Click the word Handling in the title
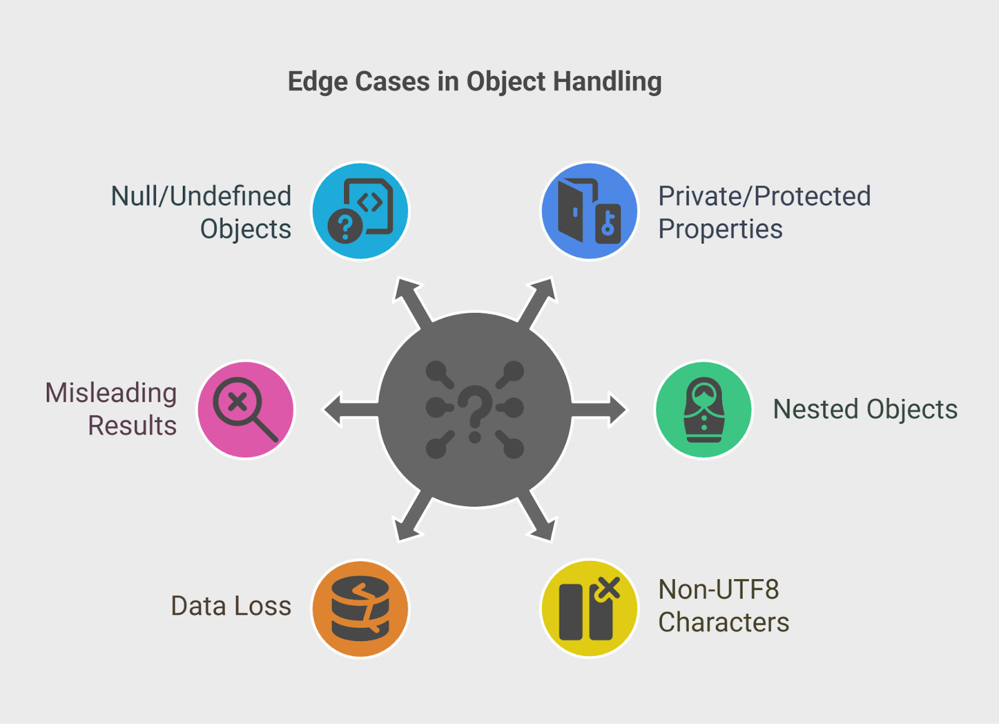[607, 82]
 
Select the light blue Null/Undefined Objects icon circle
[360, 211]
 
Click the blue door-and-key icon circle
[589, 211]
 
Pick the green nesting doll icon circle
[704, 409]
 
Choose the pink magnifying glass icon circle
[246, 409]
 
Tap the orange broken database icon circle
[360, 608]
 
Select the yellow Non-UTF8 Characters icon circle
[589, 608]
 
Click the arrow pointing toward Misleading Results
[351, 409]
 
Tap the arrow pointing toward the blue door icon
[538, 302]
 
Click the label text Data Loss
[231, 606]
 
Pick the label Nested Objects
[865, 409]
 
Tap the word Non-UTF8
[719, 589]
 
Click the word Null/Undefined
[201, 196]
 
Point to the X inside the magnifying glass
[237, 402]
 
